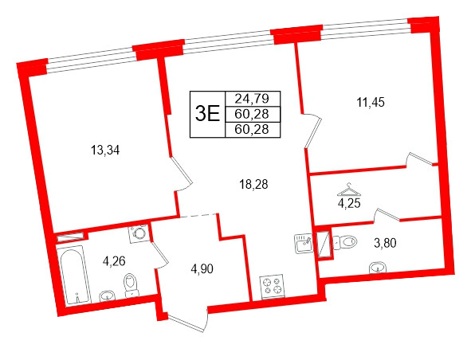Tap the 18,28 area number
(x=253, y=184)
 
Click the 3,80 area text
(x=384, y=243)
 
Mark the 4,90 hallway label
(x=202, y=268)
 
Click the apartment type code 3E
(x=206, y=112)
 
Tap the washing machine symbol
(x=140, y=233)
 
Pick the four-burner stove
(x=273, y=286)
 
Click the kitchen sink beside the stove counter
(x=302, y=242)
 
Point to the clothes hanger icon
(x=348, y=190)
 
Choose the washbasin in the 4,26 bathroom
(x=107, y=296)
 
